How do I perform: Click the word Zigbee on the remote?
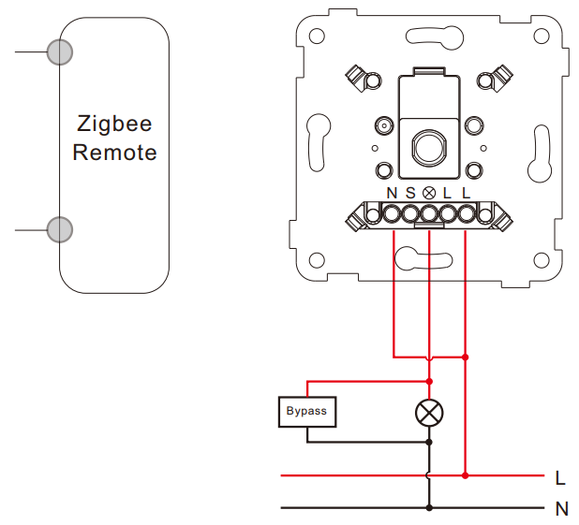pos(114,124)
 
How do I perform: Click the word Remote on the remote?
pos(114,153)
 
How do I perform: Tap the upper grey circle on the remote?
pos(60,52)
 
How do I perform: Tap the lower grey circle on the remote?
pos(60,229)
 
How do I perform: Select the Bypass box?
pos(307,412)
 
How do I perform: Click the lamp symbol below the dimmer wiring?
pos(429,413)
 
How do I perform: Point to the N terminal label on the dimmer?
pos(392,193)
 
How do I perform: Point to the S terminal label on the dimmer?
pos(410,193)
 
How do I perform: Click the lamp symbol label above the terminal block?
pos(429,193)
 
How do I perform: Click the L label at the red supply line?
pos(560,478)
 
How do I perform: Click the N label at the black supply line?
pos(561,509)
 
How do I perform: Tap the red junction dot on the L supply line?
pos(466,475)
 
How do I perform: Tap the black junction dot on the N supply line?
pos(429,508)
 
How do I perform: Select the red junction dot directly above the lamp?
pos(429,381)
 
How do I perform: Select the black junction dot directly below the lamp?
pos(429,442)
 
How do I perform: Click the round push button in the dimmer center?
pos(429,147)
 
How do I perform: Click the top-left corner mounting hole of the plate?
pos(317,36)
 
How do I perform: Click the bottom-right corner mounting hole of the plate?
pos(542,260)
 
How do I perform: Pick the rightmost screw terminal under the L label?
pos(466,214)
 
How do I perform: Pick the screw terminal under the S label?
pos(410,214)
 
